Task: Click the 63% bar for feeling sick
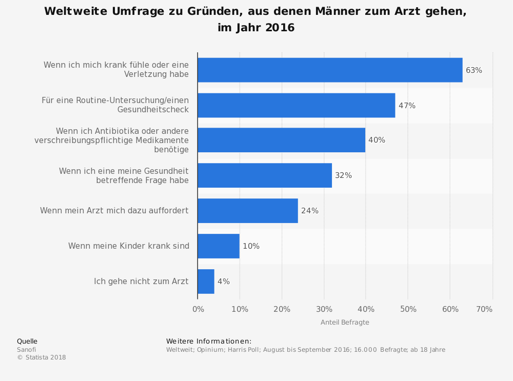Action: pos(330,70)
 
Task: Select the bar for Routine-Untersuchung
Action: pos(296,106)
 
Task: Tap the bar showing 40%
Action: pos(281,140)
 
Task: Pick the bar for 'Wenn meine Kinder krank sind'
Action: pos(218,246)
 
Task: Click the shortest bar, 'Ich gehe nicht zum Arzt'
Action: pos(206,282)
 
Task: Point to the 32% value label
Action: pos(343,175)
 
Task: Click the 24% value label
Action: pos(310,211)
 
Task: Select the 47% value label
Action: pos(407,106)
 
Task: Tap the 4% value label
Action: pos(223,282)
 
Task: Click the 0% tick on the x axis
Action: pos(198,309)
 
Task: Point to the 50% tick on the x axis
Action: pos(408,309)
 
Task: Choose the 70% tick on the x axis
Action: pos(484,309)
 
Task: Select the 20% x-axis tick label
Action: pos(282,309)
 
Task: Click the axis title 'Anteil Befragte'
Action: pos(345,323)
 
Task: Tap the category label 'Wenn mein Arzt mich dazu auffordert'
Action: pos(114,211)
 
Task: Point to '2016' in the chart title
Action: pos(280,28)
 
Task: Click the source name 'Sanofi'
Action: pos(27,350)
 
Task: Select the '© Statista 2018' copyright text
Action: pos(42,357)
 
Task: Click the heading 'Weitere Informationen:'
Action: pos(209,342)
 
